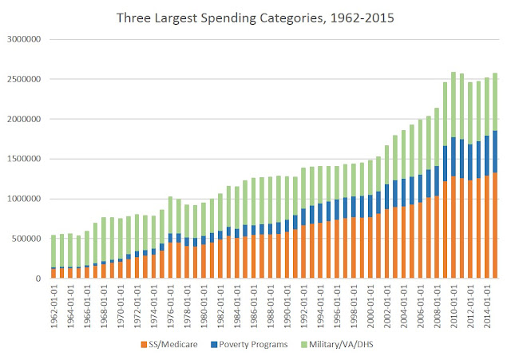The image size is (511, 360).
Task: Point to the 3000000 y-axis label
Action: tap(26, 39)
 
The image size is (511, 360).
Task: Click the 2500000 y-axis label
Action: tap(26, 79)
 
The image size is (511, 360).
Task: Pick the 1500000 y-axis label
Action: tap(26, 159)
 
